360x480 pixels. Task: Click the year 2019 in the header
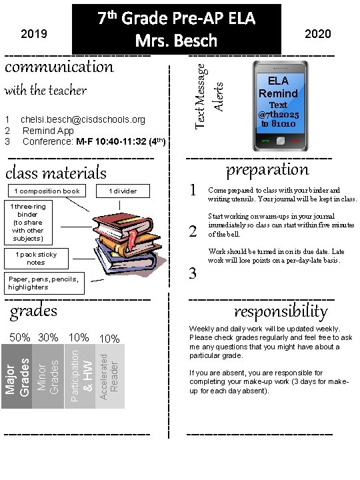pyautogui.click(x=34, y=33)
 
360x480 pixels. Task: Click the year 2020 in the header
pyautogui.click(x=317, y=33)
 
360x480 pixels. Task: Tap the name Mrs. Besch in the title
pyautogui.click(x=176, y=41)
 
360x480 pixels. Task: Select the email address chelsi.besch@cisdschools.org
pyautogui.click(x=83, y=119)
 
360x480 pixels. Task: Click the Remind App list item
pyautogui.click(x=48, y=131)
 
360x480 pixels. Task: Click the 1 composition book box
pyautogui.click(x=47, y=191)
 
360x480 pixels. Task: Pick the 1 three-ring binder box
pyautogui.click(x=27, y=223)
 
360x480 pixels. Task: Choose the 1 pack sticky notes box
pyautogui.click(x=36, y=258)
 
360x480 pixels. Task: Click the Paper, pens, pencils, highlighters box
pyautogui.click(x=43, y=283)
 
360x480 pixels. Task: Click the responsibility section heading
pyautogui.click(x=281, y=311)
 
